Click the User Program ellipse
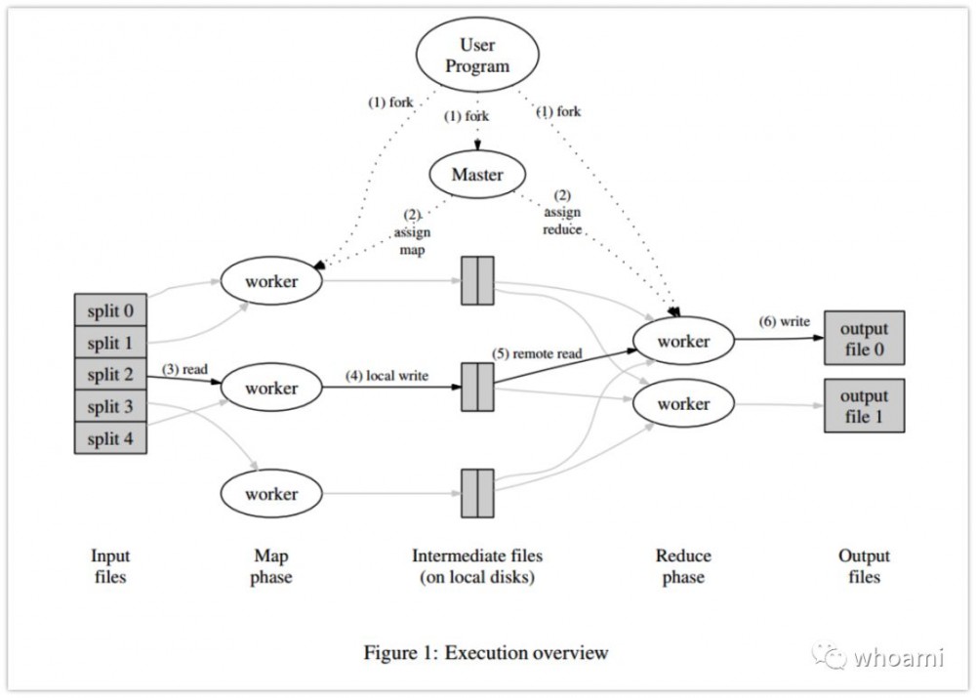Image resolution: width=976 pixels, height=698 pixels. coord(477,56)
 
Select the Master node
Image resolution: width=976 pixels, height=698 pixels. coord(477,176)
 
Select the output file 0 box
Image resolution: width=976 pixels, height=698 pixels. coord(864,339)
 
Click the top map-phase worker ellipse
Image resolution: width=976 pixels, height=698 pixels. coord(271,282)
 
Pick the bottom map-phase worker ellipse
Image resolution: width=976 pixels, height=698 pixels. coord(271,494)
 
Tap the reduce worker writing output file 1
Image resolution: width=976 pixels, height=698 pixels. coord(683,404)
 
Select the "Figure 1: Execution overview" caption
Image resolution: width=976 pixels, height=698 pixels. coord(485,652)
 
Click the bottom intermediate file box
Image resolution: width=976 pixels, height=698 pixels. coord(477,494)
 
